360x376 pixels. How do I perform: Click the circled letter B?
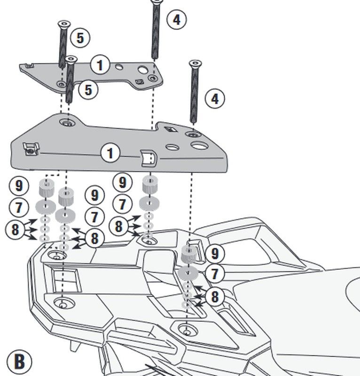coord(19,361)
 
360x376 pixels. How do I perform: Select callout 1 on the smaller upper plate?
coord(100,64)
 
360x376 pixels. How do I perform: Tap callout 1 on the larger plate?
coord(110,153)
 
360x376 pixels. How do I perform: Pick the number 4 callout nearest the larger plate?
coord(215,99)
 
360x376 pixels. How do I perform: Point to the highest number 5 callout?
coord(80,38)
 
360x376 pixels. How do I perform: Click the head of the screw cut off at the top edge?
coord(157,2)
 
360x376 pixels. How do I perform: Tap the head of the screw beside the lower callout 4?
coord(195,63)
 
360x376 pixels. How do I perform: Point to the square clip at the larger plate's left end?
coord(30,150)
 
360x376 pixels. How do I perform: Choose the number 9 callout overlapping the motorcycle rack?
coord(215,254)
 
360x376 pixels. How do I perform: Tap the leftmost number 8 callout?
coord(15,230)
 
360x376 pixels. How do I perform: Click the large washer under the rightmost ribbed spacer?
coord(188,274)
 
